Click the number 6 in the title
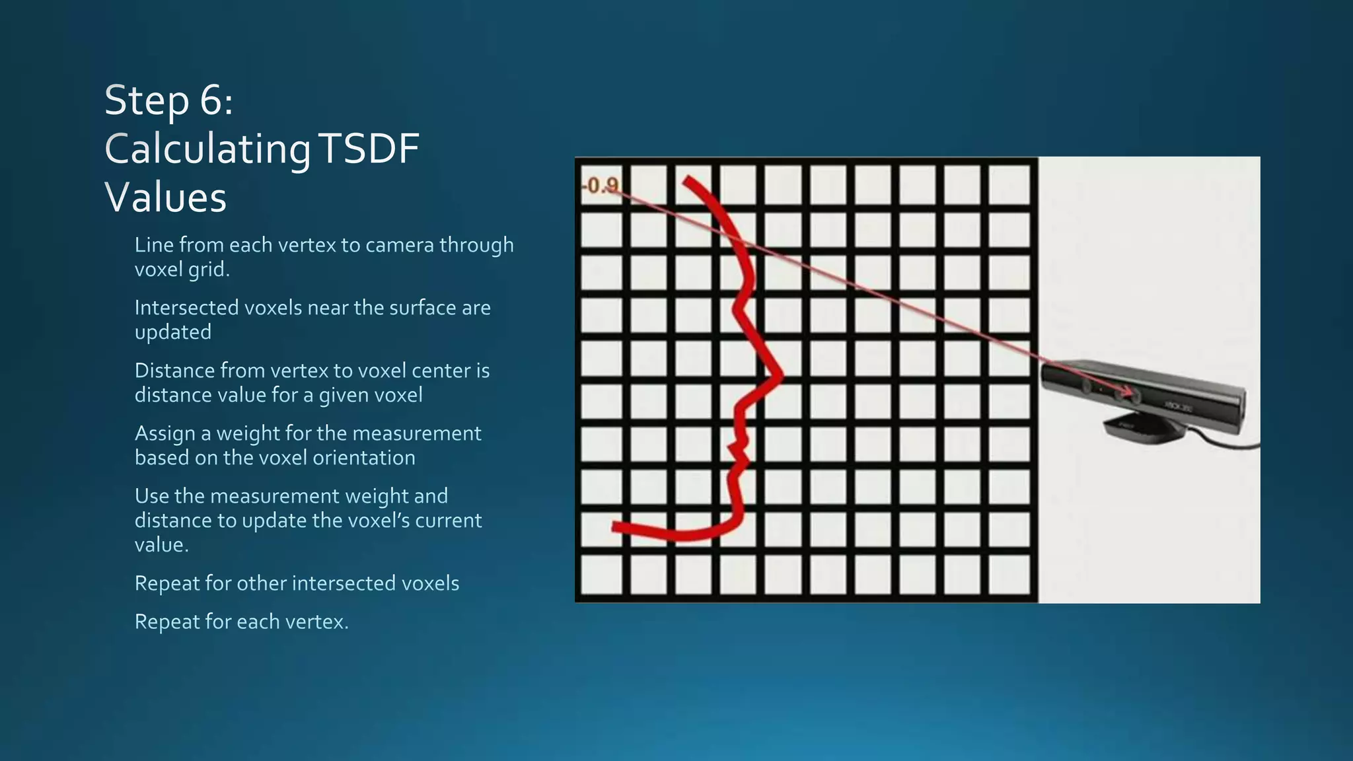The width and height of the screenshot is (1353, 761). [x=209, y=101]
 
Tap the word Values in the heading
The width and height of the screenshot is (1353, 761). [x=166, y=198]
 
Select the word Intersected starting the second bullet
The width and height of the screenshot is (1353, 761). [x=187, y=308]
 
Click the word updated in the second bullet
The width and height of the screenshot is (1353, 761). [x=172, y=332]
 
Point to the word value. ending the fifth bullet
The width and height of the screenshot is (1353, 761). [x=162, y=545]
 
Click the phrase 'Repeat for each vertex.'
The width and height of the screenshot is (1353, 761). [x=241, y=622]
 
